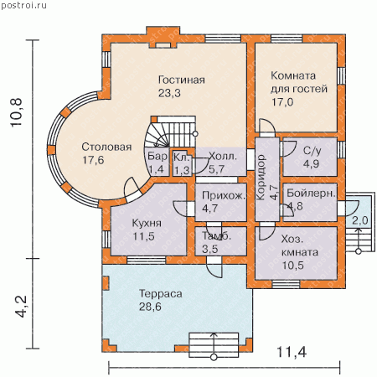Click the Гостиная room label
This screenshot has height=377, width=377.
[182, 80]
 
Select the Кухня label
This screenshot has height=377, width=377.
[147, 223]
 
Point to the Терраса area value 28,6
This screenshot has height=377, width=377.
[150, 307]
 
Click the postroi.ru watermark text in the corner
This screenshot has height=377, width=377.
[23, 5]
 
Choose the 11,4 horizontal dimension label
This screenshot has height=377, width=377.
[292, 352]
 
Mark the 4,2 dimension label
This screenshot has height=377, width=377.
[21, 307]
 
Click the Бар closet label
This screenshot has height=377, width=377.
[158, 156]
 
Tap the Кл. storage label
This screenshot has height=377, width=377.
[182, 157]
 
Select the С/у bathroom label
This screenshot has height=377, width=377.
[312, 151]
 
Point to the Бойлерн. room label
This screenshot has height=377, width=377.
[311, 194]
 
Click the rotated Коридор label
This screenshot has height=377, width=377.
[261, 178]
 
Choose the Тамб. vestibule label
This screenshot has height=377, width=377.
[217, 236]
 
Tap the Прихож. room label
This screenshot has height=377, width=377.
[224, 195]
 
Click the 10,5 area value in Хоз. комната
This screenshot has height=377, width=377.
[292, 265]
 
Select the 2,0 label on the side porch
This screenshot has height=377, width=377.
[360, 220]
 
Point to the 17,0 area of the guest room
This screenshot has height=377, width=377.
[282, 102]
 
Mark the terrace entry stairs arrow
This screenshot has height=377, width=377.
[214, 345]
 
